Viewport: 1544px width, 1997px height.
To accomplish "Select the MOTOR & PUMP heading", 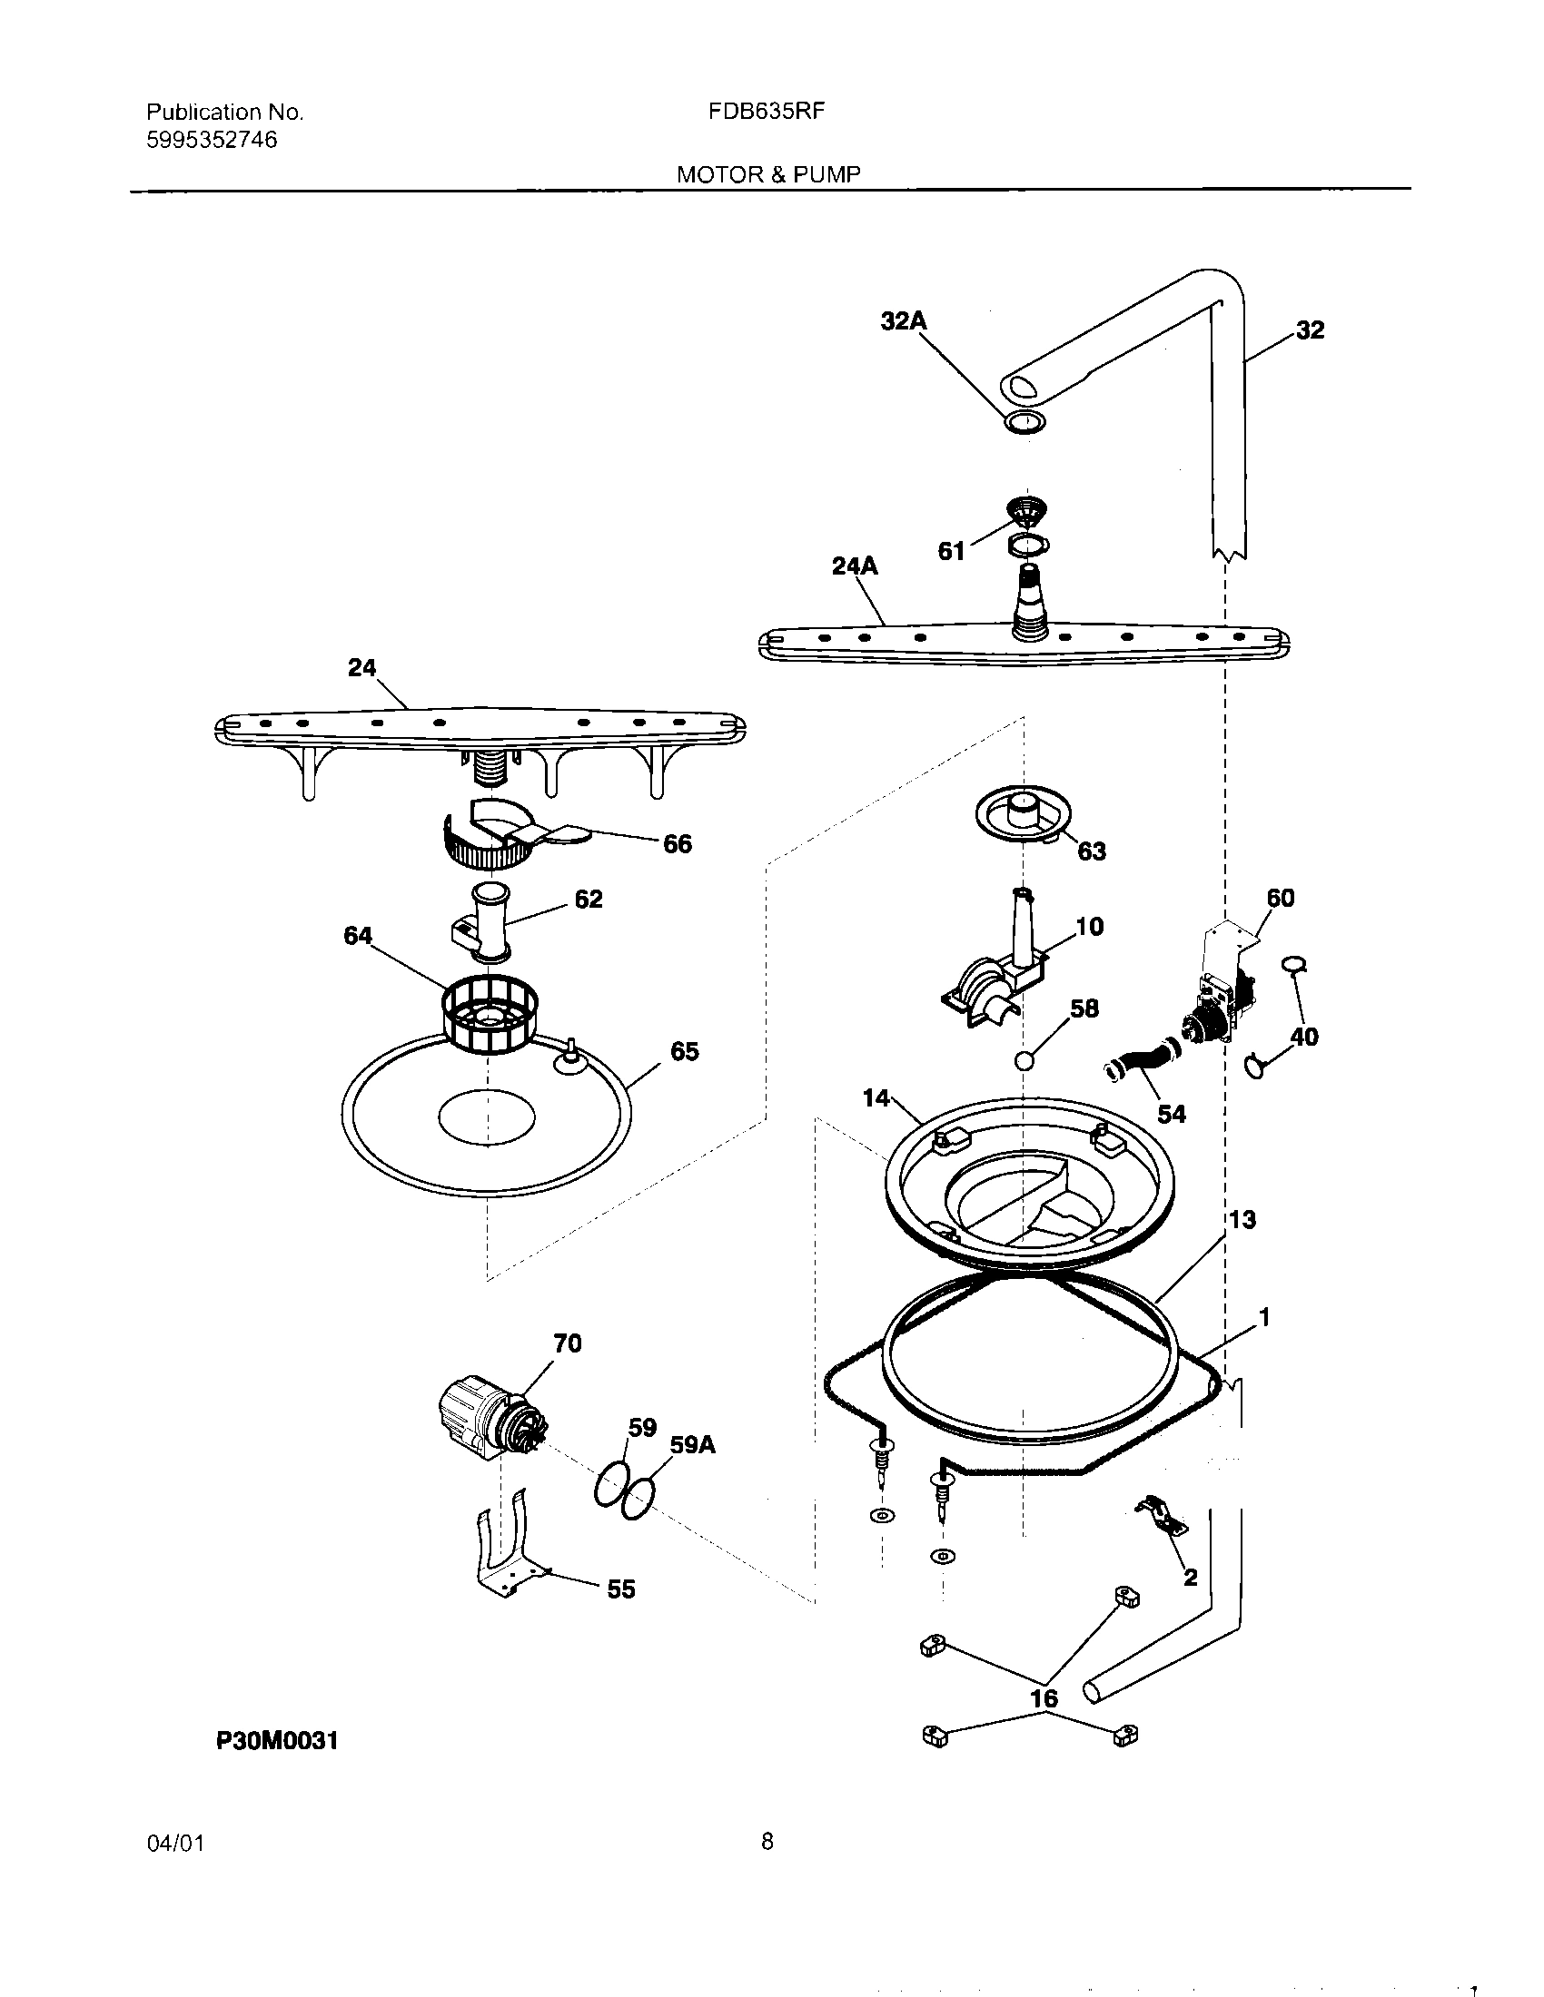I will (x=768, y=174).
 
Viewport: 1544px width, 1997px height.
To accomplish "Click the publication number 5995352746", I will (x=213, y=140).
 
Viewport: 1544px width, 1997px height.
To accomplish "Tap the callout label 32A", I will (x=903, y=321).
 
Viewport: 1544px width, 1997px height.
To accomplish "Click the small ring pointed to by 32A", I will (x=1024, y=422).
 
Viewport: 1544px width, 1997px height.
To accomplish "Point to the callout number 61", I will (x=951, y=551).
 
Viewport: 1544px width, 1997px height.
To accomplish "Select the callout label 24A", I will (x=855, y=567).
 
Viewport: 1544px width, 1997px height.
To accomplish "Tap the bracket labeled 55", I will (x=505, y=1549).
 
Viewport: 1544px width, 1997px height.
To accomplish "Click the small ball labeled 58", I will (x=1024, y=1060).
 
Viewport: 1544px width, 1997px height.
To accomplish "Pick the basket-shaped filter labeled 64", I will (x=490, y=1013).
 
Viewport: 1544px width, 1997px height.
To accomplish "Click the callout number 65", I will (x=684, y=1051).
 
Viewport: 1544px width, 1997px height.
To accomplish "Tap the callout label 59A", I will (x=692, y=1445).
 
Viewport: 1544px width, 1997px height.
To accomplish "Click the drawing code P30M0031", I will (x=277, y=1741).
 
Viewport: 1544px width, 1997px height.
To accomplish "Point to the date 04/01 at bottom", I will (x=174, y=1844).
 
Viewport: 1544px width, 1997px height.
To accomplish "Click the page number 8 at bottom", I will (x=767, y=1842).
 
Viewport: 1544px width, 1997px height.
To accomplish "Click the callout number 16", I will (x=1044, y=1698).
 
